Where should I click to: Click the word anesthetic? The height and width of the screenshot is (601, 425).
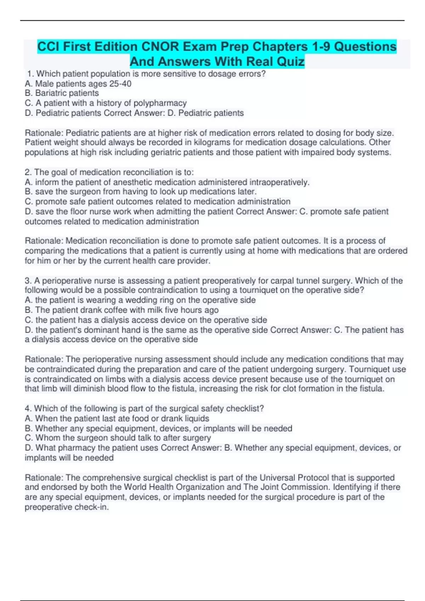click(135, 182)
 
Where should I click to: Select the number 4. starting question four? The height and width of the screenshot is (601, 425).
click(28, 409)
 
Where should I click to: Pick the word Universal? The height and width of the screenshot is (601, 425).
click(278, 478)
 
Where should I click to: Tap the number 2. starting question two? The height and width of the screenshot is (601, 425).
click(28, 173)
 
